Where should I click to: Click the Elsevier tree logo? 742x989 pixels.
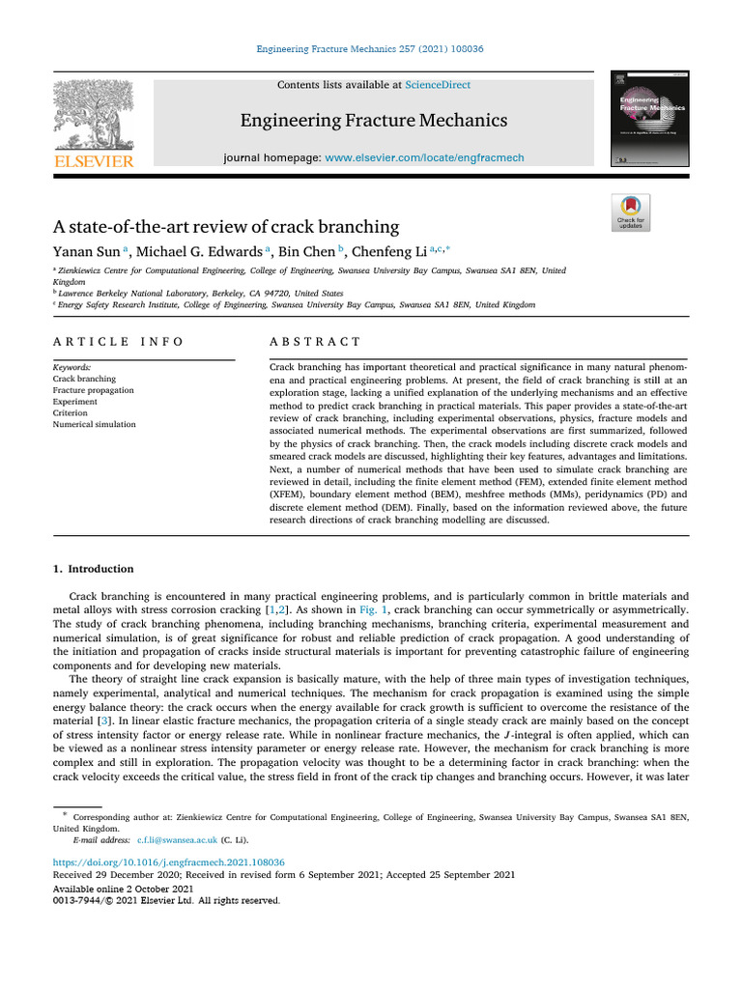93,115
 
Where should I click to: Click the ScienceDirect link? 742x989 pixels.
438,85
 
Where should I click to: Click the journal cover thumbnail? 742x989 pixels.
642,119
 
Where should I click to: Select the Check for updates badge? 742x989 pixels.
631,212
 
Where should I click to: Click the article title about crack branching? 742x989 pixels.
225,227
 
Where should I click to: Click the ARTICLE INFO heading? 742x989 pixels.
119,342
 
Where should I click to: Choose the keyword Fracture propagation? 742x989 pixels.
94,391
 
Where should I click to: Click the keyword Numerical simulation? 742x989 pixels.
95,424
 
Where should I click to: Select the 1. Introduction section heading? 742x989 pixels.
93,569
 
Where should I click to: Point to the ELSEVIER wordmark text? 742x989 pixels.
93,161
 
